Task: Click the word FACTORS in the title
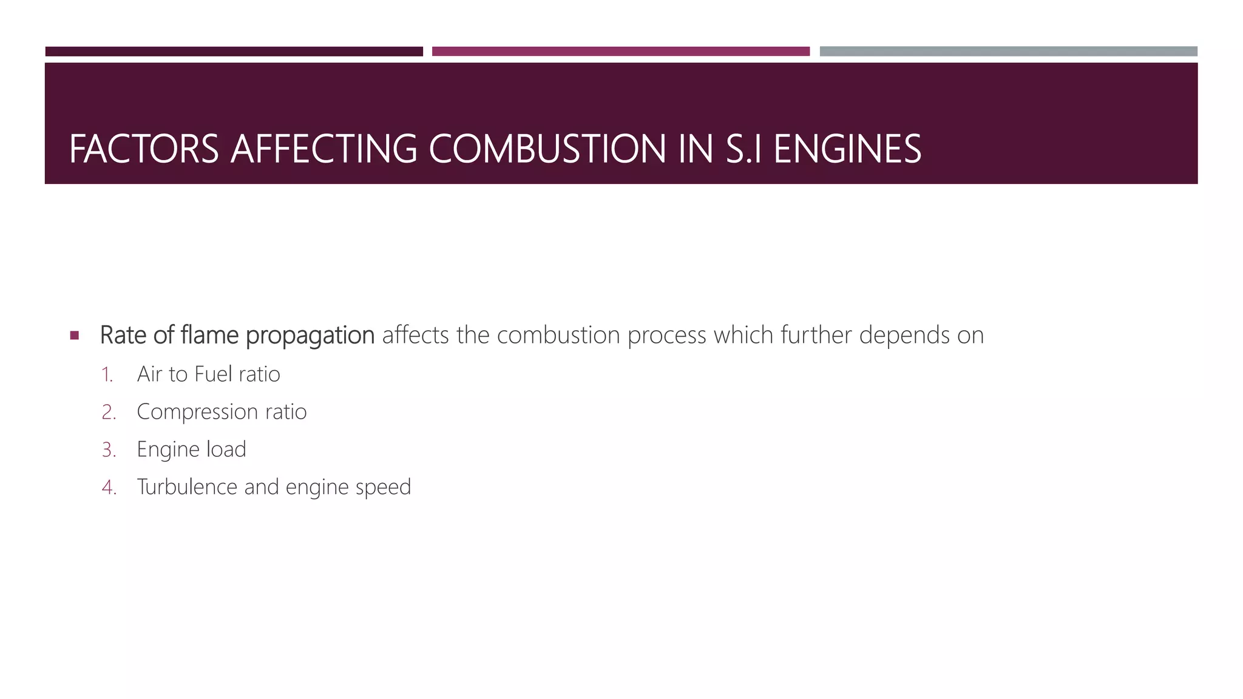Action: click(x=144, y=149)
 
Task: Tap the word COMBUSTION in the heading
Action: click(x=547, y=149)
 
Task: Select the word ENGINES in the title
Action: click(x=847, y=149)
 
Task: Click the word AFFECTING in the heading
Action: click(x=324, y=149)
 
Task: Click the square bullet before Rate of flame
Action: click(x=75, y=335)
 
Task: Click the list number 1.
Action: click(x=107, y=374)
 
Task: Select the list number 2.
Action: click(x=109, y=412)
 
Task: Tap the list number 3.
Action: click(x=109, y=450)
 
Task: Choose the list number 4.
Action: click(x=109, y=487)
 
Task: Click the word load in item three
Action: click(x=226, y=450)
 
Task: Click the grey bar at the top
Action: click(x=1008, y=52)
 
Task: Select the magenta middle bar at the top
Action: click(x=620, y=52)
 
